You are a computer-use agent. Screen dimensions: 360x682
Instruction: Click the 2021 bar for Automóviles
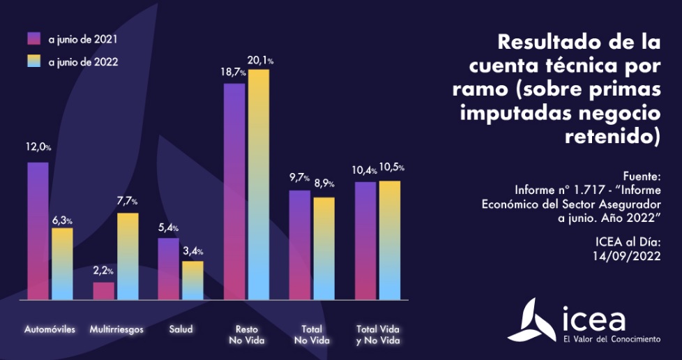coord(38,231)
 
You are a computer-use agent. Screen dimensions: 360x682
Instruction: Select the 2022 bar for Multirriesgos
coord(128,256)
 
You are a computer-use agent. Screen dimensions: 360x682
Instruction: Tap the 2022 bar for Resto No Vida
coord(258,185)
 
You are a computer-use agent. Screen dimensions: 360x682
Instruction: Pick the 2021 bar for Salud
coord(169,269)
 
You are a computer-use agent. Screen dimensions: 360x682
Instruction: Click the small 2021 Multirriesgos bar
coord(104,291)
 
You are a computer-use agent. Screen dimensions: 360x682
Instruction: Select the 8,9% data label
coord(324,184)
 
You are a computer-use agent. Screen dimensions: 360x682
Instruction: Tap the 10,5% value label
coord(391,168)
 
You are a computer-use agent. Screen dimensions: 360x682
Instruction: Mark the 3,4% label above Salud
coord(193,251)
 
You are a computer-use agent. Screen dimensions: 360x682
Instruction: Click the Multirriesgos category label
coord(116,329)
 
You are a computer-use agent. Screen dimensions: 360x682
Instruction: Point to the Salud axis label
coord(181,329)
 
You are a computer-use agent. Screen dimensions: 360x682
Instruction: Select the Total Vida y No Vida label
coord(378,334)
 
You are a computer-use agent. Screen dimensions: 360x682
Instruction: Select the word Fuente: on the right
coord(641,176)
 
